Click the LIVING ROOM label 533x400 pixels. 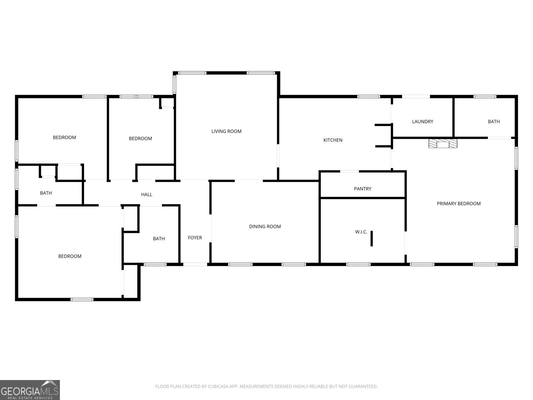[226, 131]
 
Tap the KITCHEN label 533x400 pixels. [333, 140]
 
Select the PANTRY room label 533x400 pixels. [362, 189]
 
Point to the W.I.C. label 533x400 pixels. [361, 232]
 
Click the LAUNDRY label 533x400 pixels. [422, 122]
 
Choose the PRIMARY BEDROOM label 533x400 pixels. [459, 204]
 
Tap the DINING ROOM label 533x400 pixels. [265, 227]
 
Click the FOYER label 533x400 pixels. [195, 238]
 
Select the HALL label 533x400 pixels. [147, 194]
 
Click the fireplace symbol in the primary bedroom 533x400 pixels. [443, 144]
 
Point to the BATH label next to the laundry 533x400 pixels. [494, 122]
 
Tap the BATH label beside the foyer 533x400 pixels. [159, 239]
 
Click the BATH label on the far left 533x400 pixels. [46, 193]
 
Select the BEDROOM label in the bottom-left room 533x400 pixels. [70, 256]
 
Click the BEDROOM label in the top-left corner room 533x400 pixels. [64, 137]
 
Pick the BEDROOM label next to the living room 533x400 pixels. [140, 138]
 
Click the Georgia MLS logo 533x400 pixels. [30, 390]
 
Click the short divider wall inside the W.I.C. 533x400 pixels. [371, 238]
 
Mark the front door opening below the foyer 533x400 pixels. [195, 264]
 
